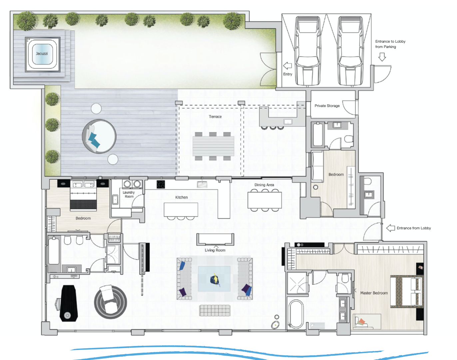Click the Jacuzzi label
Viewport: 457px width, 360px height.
coord(42,54)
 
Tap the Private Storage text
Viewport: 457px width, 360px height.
coord(327,106)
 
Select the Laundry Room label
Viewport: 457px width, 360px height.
coord(129,194)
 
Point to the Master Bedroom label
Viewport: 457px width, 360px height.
coord(374,293)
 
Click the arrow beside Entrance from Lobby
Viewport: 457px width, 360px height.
coord(390,228)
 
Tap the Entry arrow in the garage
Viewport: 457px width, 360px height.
coord(287,66)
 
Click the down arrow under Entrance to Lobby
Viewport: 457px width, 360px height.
coord(382,57)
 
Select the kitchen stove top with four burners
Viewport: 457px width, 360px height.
coord(161,184)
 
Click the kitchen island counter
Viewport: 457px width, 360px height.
coord(181,210)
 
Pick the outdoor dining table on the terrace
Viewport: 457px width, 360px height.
coord(213,146)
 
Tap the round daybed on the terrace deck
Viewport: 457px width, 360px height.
coord(99,136)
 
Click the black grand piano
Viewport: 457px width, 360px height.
coord(68,303)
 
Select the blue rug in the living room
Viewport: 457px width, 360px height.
coord(214,279)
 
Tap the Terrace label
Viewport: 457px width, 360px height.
coord(215,117)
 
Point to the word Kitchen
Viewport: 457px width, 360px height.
coord(181,197)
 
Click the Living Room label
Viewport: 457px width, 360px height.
coord(215,250)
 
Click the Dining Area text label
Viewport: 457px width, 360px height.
coord(264,185)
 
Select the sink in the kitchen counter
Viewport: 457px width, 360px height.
coord(202,184)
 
